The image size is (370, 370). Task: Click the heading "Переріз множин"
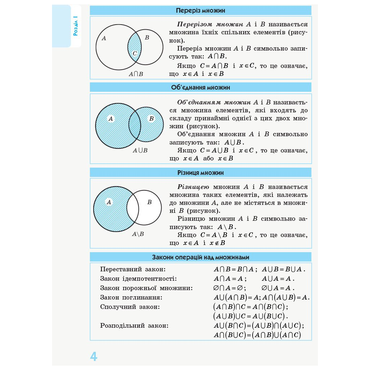click(x=200, y=10)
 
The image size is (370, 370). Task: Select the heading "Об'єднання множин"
click(x=200, y=87)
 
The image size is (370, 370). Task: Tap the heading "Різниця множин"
click(x=200, y=173)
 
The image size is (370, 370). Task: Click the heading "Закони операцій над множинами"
click(x=200, y=257)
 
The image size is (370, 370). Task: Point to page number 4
click(x=94, y=357)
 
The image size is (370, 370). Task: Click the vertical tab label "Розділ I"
click(x=75, y=26)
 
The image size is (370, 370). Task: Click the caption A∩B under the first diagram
click(x=136, y=74)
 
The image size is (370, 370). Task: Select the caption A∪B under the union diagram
click(x=140, y=150)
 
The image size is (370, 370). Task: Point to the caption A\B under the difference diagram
click(x=138, y=234)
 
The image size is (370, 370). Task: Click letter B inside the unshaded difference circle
click(x=149, y=202)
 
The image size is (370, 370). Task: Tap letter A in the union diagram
click(x=111, y=119)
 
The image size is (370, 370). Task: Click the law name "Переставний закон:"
click(x=133, y=269)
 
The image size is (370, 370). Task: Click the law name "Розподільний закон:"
click(x=134, y=326)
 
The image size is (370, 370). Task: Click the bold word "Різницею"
click(x=193, y=187)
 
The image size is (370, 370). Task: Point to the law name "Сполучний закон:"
click(x=130, y=307)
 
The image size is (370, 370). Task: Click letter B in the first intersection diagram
click(x=147, y=38)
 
